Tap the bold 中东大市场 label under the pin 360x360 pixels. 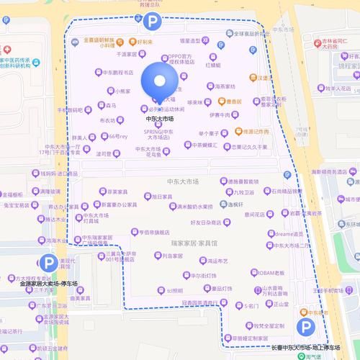tap(159, 118)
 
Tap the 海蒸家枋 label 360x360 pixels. tap(225, 86)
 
